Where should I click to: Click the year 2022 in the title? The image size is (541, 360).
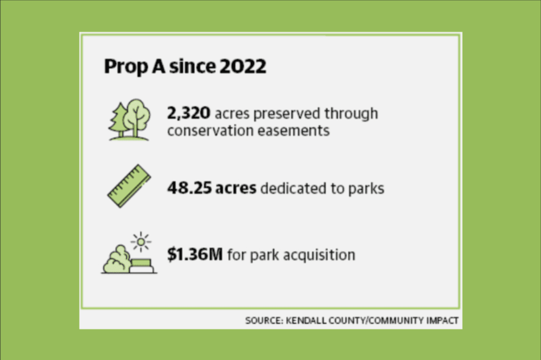(x=242, y=66)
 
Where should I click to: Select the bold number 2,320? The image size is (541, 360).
(x=188, y=113)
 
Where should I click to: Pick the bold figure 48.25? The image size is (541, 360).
(x=189, y=188)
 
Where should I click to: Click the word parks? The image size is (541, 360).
(x=366, y=189)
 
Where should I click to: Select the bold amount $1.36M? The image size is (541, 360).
(x=195, y=255)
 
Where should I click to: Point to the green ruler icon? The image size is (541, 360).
(x=129, y=186)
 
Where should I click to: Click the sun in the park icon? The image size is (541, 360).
(x=141, y=241)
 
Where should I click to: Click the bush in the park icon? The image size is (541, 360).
(x=117, y=259)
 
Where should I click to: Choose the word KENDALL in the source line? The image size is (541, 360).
(x=306, y=320)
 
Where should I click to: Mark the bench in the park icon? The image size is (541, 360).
(x=142, y=266)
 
